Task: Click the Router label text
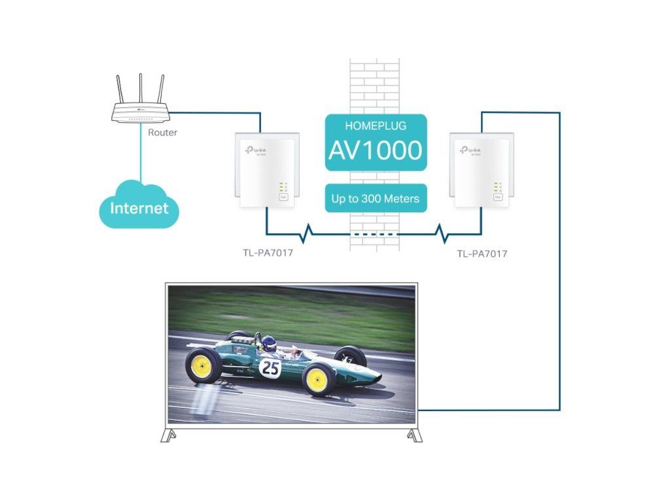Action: click(162, 133)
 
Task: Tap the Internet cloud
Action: click(139, 209)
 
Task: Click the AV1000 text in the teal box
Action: click(376, 151)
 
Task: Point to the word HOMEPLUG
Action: click(376, 125)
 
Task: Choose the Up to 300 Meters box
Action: click(376, 198)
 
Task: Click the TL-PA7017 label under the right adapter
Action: click(482, 254)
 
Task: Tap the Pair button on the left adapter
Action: click(284, 196)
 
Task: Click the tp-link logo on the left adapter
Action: click(256, 150)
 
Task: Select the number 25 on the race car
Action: click(270, 368)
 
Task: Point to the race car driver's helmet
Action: click(268, 343)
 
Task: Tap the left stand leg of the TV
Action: click(169, 435)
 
